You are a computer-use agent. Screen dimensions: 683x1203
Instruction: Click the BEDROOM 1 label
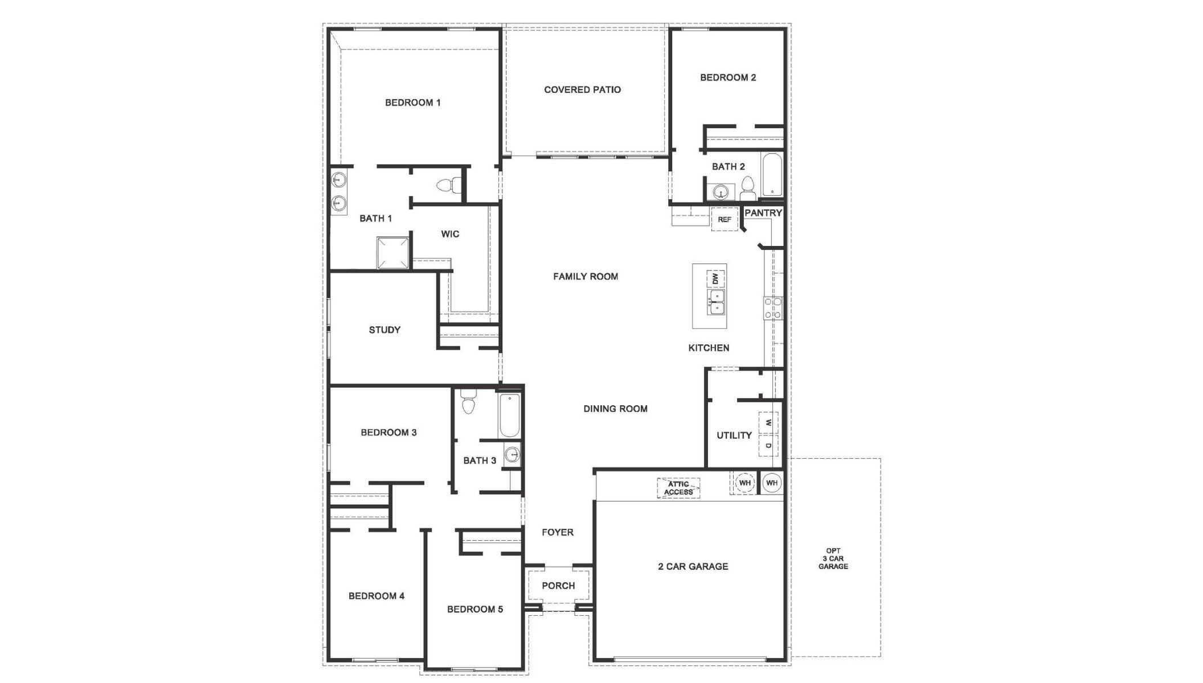click(x=412, y=103)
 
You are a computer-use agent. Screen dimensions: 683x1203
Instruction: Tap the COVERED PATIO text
click(x=582, y=90)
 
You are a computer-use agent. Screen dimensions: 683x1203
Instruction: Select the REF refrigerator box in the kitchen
click(x=724, y=220)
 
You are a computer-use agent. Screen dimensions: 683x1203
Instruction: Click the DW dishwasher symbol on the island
click(x=715, y=279)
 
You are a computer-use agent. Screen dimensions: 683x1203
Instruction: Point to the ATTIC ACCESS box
click(x=678, y=488)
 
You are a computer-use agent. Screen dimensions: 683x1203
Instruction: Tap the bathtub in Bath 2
click(x=772, y=174)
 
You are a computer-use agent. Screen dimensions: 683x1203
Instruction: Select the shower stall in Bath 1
click(x=393, y=253)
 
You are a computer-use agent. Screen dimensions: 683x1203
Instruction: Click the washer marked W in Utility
click(x=768, y=423)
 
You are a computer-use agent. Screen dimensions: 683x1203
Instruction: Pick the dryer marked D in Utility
click(x=768, y=445)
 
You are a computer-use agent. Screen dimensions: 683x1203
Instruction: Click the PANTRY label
click(x=763, y=213)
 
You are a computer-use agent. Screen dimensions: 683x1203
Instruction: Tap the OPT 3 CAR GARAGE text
click(x=833, y=558)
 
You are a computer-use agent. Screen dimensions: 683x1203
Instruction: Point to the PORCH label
click(x=558, y=586)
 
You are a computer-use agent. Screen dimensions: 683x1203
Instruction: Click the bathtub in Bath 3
click(x=509, y=415)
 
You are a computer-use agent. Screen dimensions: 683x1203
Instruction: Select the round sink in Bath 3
click(x=513, y=455)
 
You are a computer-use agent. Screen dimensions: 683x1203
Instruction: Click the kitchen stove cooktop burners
click(x=773, y=308)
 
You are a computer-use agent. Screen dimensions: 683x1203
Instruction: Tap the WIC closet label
click(x=449, y=234)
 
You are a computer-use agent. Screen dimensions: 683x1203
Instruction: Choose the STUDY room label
click(x=384, y=330)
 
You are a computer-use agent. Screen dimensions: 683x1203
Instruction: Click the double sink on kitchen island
click(x=716, y=302)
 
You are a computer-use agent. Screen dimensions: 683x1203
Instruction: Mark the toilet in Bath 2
click(x=748, y=188)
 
